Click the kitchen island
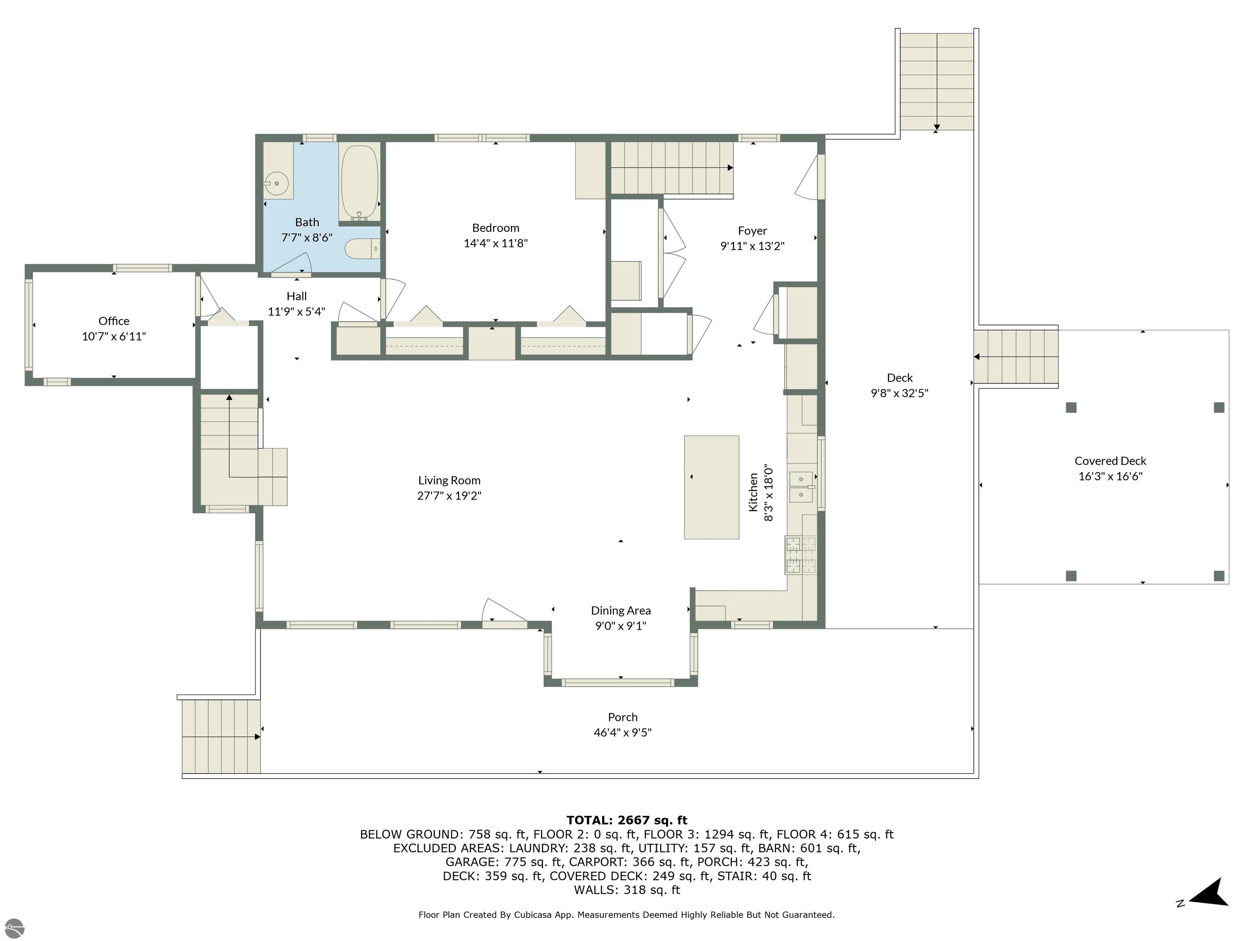(x=711, y=487)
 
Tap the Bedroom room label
(x=496, y=227)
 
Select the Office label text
(x=114, y=321)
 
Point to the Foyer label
(x=752, y=230)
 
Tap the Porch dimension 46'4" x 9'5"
(x=623, y=732)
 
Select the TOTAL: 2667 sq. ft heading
(x=627, y=820)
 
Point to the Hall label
(x=296, y=296)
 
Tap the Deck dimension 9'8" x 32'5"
(x=900, y=392)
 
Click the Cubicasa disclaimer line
(x=627, y=914)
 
